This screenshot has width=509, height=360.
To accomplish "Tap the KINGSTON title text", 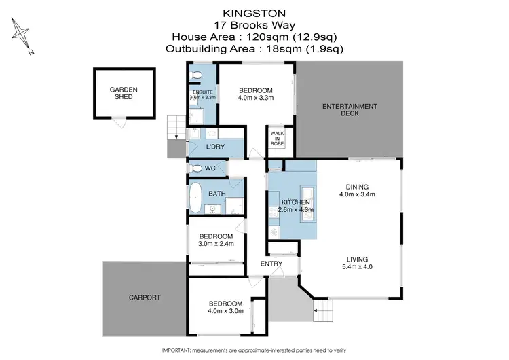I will pyautogui.click(x=254, y=12).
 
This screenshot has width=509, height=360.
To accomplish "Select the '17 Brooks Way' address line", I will pyautogui.click(x=254, y=24).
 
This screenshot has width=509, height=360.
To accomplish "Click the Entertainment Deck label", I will pyautogui.click(x=350, y=109).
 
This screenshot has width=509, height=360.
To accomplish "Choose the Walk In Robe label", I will pyautogui.click(x=278, y=139).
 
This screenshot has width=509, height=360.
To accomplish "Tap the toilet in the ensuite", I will pyautogui.click(x=196, y=75).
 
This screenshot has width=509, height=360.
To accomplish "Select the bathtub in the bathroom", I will pyautogui.click(x=198, y=194).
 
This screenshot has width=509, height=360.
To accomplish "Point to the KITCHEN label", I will pyautogui.click(x=296, y=202).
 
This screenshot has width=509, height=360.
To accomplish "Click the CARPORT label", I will pyautogui.click(x=145, y=298).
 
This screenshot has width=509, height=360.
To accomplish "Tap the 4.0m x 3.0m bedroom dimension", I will pyautogui.click(x=225, y=311).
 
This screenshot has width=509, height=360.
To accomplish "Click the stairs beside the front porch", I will pyautogui.click(x=324, y=313).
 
